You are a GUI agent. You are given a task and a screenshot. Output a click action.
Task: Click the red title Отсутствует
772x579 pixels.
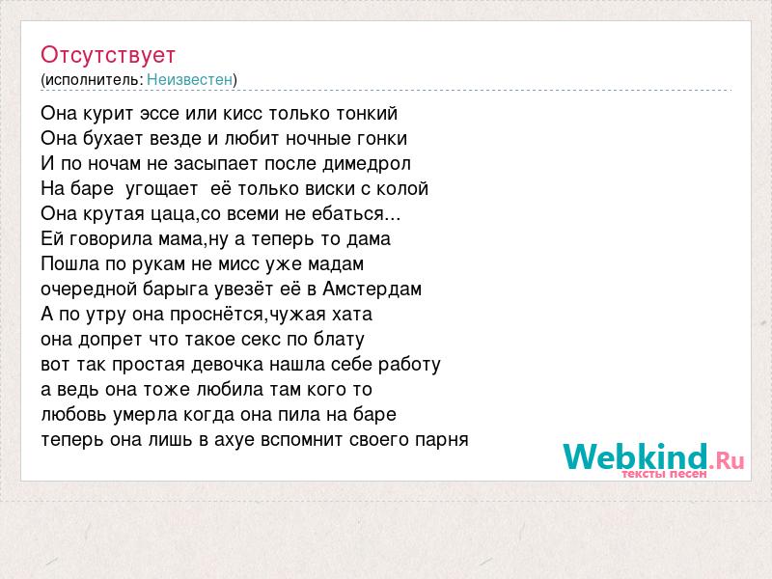[108, 55]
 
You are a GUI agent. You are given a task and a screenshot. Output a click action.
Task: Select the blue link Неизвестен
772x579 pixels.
[189, 79]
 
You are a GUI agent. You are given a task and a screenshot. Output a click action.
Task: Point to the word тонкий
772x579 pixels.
[367, 114]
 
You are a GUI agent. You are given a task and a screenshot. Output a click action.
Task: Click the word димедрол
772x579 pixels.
[367, 164]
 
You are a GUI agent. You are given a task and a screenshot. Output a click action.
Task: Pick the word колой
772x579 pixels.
[402, 189]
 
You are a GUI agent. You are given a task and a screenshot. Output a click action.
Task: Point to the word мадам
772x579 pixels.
[335, 264]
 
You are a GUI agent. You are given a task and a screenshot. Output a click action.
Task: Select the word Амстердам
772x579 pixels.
[372, 289]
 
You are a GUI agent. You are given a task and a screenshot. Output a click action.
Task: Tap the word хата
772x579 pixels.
[352, 315]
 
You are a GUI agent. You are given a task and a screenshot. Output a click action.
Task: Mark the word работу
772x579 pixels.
[409, 366]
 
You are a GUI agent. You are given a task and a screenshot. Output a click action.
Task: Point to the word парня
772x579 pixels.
[442, 440]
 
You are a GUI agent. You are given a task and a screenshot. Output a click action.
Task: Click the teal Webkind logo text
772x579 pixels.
[636, 456]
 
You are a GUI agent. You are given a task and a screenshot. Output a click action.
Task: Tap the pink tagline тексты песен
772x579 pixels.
[664, 474]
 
